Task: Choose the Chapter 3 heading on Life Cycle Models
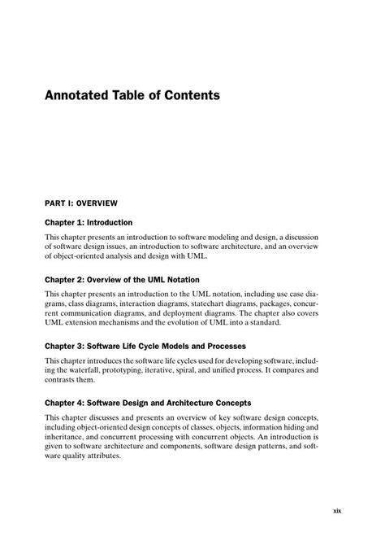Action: [x=145, y=346]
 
